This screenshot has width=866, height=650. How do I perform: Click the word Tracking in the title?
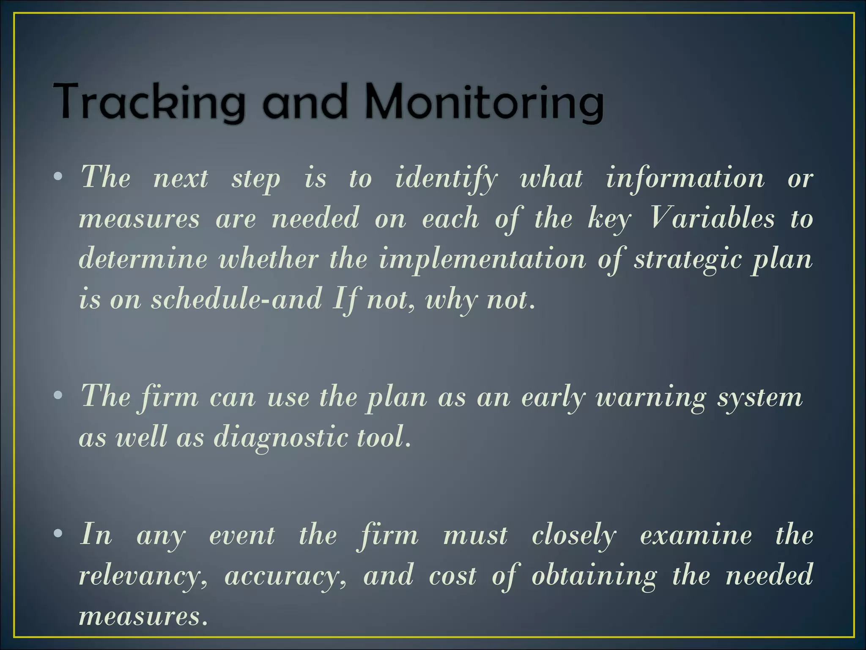point(148,102)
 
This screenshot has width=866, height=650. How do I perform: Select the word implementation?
point(482,259)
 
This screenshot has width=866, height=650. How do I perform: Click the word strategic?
point(688,259)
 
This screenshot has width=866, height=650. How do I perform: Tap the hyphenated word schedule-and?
point(237,299)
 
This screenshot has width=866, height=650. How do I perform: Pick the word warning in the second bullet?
point(651,398)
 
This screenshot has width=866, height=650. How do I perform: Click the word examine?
point(696,535)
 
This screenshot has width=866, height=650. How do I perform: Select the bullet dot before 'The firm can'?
point(58,396)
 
